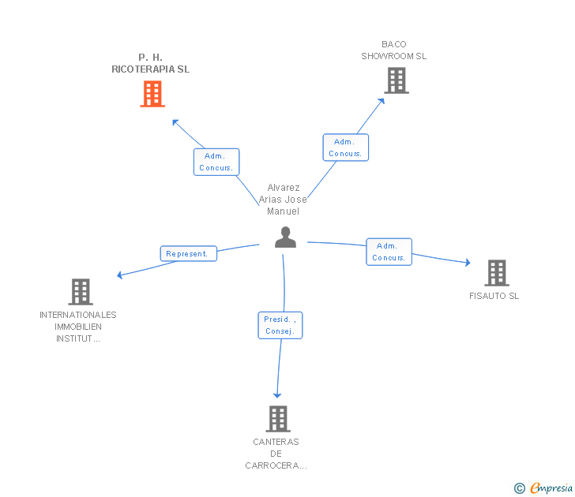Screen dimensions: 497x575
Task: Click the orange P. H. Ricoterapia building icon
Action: coord(152,94)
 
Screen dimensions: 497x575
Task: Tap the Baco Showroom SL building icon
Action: coord(396,80)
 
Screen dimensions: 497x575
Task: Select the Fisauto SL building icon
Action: coord(497,273)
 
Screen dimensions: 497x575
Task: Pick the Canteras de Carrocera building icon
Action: coord(278,418)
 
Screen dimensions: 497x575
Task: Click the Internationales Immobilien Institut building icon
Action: coord(80,291)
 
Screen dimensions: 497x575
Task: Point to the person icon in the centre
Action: coord(285,237)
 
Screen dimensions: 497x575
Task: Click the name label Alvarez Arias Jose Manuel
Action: coord(283,200)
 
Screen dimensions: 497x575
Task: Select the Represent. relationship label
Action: coord(188,254)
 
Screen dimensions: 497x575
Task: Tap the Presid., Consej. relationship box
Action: coord(280,325)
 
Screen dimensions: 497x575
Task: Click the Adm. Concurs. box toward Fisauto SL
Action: coord(389,252)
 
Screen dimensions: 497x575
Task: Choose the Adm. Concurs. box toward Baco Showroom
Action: coord(345,148)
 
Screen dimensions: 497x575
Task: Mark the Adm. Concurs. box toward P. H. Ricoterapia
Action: coord(216,162)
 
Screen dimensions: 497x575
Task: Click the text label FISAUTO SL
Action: coord(494,297)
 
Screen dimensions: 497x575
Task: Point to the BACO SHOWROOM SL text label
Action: coord(393,50)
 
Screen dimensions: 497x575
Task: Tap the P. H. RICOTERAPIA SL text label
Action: coord(150,63)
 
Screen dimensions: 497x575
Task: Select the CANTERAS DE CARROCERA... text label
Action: coord(276,454)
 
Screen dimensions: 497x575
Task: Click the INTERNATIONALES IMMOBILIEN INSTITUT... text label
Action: coord(77,327)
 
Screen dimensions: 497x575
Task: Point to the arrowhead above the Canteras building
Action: coord(277,394)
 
